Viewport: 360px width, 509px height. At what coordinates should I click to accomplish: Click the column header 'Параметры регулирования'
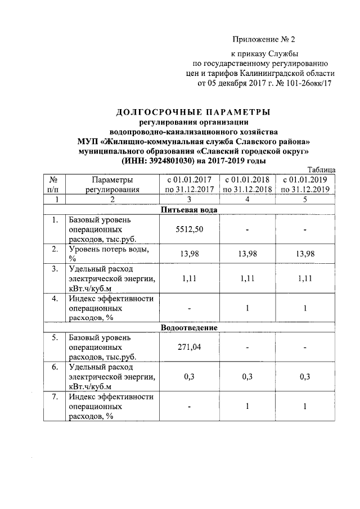point(112,184)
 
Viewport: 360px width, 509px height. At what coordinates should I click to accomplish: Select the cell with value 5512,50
point(189,229)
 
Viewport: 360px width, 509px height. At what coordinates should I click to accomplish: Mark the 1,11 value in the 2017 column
point(189,278)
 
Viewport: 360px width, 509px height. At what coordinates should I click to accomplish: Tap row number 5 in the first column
point(55,338)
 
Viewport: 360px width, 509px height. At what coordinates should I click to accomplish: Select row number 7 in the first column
point(55,397)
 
